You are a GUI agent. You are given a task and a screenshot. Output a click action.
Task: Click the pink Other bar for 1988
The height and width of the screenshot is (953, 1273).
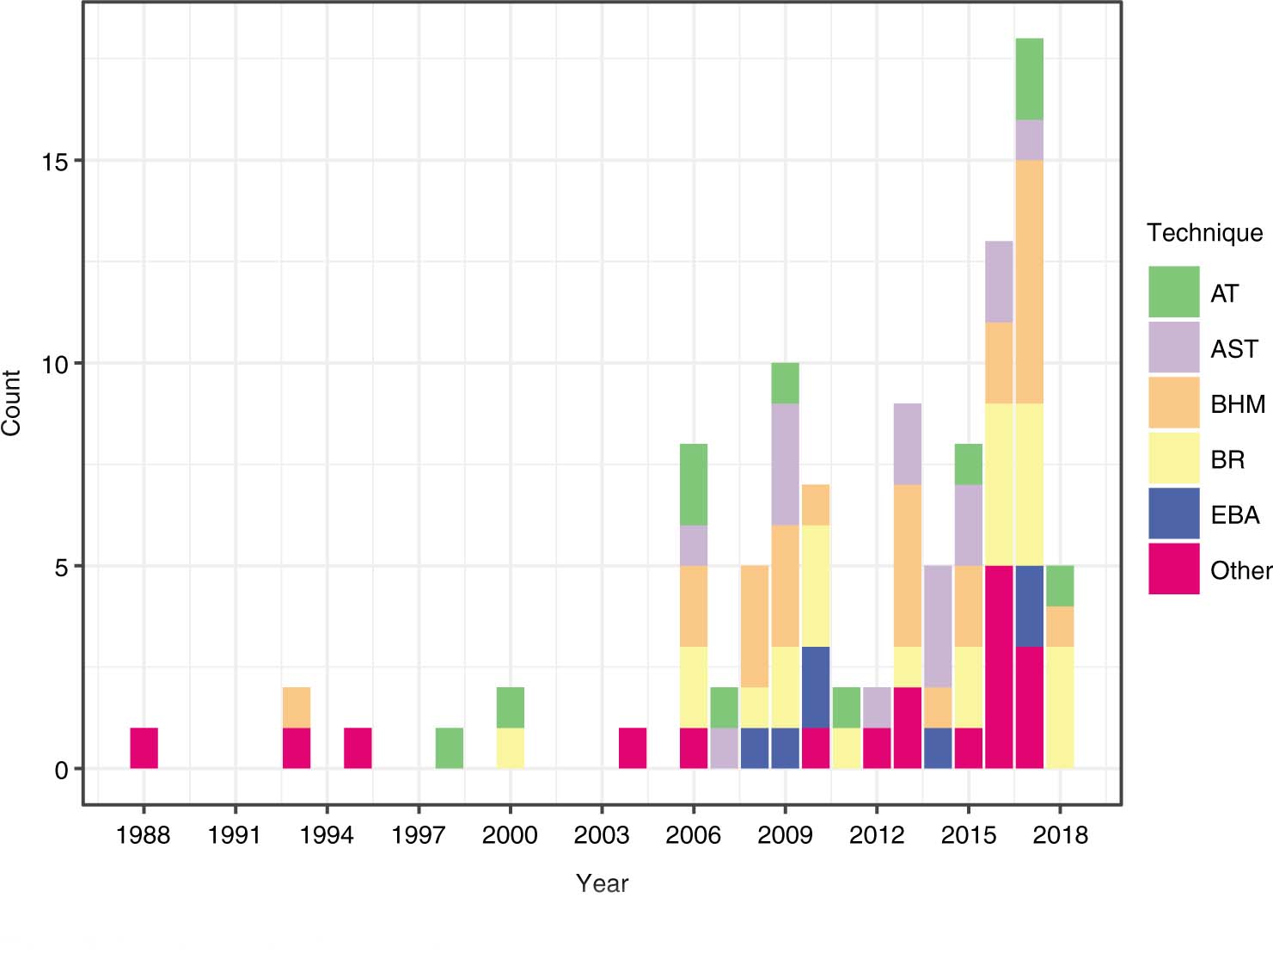click(x=144, y=748)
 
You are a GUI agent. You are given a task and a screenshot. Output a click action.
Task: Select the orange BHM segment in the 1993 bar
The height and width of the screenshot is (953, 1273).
click(x=297, y=708)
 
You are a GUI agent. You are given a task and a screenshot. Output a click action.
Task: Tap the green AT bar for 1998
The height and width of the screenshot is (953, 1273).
click(x=449, y=748)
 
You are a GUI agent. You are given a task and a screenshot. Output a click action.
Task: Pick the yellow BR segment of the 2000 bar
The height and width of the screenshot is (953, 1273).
click(x=511, y=748)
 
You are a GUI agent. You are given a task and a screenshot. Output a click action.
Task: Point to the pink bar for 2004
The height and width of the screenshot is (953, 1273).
click(x=633, y=748)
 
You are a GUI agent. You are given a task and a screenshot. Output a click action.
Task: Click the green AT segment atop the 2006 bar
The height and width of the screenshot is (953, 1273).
click(x=694, y=484)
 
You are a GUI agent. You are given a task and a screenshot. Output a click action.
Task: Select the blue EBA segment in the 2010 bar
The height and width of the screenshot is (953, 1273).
click(x=816, y=687)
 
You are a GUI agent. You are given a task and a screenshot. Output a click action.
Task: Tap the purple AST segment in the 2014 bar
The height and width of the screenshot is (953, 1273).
click(x=938, y=626)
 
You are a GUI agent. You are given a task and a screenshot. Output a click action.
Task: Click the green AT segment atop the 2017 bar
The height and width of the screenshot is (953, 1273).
click(x=1029, y=79)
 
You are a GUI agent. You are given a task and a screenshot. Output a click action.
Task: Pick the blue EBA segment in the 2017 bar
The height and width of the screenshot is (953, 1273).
click(x=1029, y=606)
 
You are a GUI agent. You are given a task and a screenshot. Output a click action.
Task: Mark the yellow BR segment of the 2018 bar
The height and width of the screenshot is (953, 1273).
click(x=1060, y=708)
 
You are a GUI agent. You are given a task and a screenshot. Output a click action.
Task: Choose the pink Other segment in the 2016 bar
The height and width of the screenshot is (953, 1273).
click(x=999, y=667)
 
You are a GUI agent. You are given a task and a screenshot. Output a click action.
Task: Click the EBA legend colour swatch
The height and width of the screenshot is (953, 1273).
click(x=1173, y=514)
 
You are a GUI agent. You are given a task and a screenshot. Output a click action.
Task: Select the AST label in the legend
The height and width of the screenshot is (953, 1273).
click(x=1233, y=349)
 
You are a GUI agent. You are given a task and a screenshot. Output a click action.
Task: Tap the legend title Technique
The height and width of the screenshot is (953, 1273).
click(x=1204, y=233)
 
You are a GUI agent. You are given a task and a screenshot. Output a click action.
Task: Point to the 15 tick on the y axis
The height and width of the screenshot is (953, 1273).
click(x=55, y=162)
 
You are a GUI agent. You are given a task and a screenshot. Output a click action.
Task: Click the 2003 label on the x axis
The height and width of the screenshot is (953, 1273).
click(x=602, y=835)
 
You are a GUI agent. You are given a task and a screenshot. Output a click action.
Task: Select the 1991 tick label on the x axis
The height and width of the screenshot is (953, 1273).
click(x=235, y=835)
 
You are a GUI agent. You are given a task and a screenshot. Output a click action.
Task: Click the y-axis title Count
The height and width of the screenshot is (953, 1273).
click(x=12, y=403)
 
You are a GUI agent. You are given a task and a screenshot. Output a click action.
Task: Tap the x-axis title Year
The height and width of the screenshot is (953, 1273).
click(x=602, y=883)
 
